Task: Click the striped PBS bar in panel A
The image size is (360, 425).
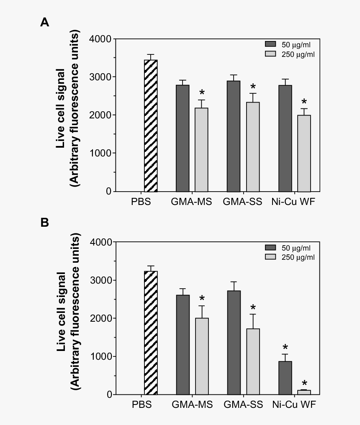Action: tap(151, 125)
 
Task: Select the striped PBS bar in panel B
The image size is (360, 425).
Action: tap(151, 333)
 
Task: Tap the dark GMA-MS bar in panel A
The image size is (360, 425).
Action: tap(183, 138)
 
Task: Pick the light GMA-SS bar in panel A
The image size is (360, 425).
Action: tap(252, 146)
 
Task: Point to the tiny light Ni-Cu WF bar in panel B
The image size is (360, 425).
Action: tap(304, 392)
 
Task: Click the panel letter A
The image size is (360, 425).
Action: tap(44, 22)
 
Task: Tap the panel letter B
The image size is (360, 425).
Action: tap(44, 223)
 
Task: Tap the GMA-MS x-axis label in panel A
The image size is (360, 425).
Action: tap(191, 202)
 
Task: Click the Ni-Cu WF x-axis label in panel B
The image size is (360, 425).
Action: tap(293, 405)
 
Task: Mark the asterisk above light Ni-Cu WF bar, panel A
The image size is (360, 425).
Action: tap(304, 102)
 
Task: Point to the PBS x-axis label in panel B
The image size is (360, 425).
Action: tap(141, 405)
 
